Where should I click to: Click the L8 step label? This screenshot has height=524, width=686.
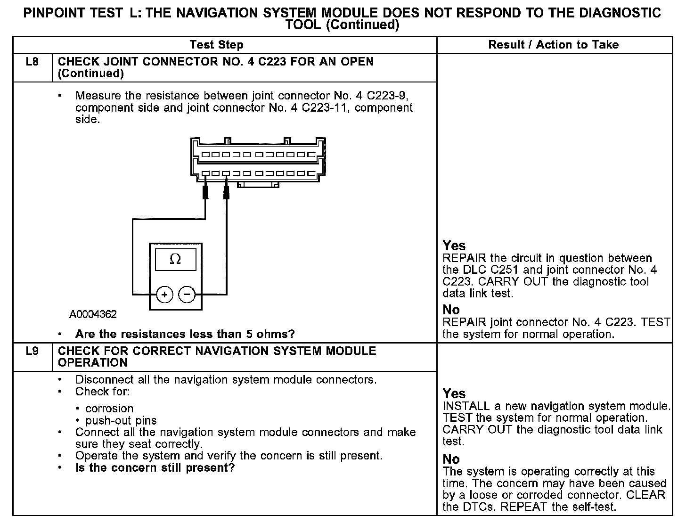click(32, 62)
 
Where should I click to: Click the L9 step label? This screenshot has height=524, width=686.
click(32, 352)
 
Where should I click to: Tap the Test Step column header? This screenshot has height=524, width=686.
click(216, 45)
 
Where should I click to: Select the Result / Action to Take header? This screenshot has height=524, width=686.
click(554, 45)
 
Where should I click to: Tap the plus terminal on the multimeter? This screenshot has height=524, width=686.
click(164, 295)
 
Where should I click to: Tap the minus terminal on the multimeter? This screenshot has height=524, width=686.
click(187, 295)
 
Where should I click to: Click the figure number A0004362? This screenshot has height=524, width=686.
click(93, 314)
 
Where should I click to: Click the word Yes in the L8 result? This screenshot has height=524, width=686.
click(454, 246)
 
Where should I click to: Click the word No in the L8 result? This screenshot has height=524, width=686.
click(451, 310)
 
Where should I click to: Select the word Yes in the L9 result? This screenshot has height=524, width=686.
click(454, 394)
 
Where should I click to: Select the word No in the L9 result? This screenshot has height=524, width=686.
click(451, 459)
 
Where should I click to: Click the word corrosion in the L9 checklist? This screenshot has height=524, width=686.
click(109, 409)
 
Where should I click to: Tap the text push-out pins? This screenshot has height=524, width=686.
click(121, 420)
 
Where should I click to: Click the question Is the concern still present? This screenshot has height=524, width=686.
click(155, 468)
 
